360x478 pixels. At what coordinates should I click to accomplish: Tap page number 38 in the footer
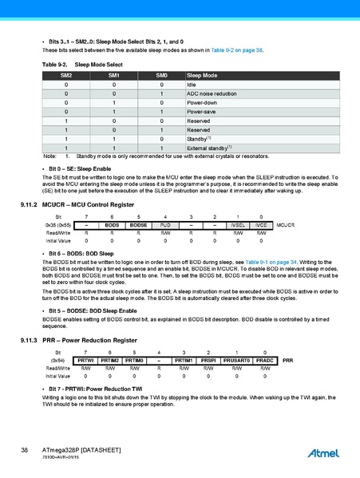(25, 452)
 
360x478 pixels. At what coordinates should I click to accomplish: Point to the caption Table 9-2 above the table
(52, 63)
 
